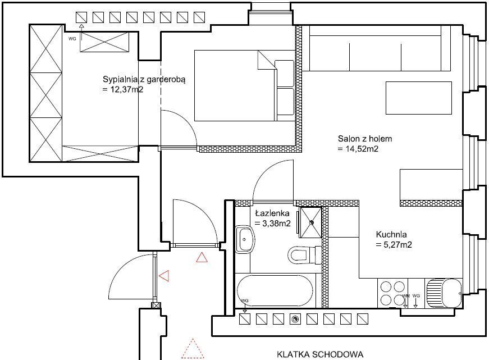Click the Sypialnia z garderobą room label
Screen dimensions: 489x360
(x=144, y=79)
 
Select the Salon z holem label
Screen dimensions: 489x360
(x=365, y=139)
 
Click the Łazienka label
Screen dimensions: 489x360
(x=272, y=213)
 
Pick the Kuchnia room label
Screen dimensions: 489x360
(x=391, y=234)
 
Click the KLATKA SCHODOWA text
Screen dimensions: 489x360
(x=320, y=354)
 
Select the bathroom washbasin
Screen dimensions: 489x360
(x=245, y=239)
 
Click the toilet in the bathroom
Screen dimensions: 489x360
(x=304, y=254)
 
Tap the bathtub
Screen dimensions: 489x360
(x=275, y=290)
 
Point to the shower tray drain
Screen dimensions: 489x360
(x=312, y=222)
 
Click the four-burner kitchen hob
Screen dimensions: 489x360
(x=392, y=293)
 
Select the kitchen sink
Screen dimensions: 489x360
(x=443, y=293)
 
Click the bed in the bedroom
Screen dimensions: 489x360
(x=245, y=85)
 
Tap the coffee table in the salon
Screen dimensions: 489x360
(x=419, y=98)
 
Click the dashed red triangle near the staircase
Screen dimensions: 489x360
(x=193, y=348)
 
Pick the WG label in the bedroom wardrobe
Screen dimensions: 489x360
(x=72, y=39)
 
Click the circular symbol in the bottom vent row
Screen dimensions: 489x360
(x=295, y=319)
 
